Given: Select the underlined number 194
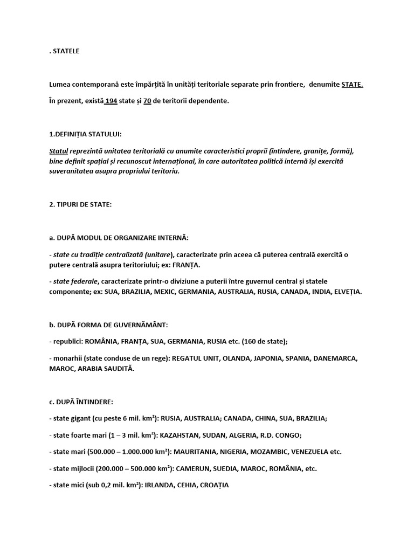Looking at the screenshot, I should (x=111, y=101).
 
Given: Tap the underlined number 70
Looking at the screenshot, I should (x=147, y=101).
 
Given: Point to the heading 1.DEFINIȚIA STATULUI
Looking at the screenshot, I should (x=89, y=134).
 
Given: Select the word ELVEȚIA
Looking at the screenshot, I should (x=347, y=292).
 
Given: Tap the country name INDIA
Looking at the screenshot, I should (x=316, y=292).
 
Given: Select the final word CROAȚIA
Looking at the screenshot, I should (x=214, y=485).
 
